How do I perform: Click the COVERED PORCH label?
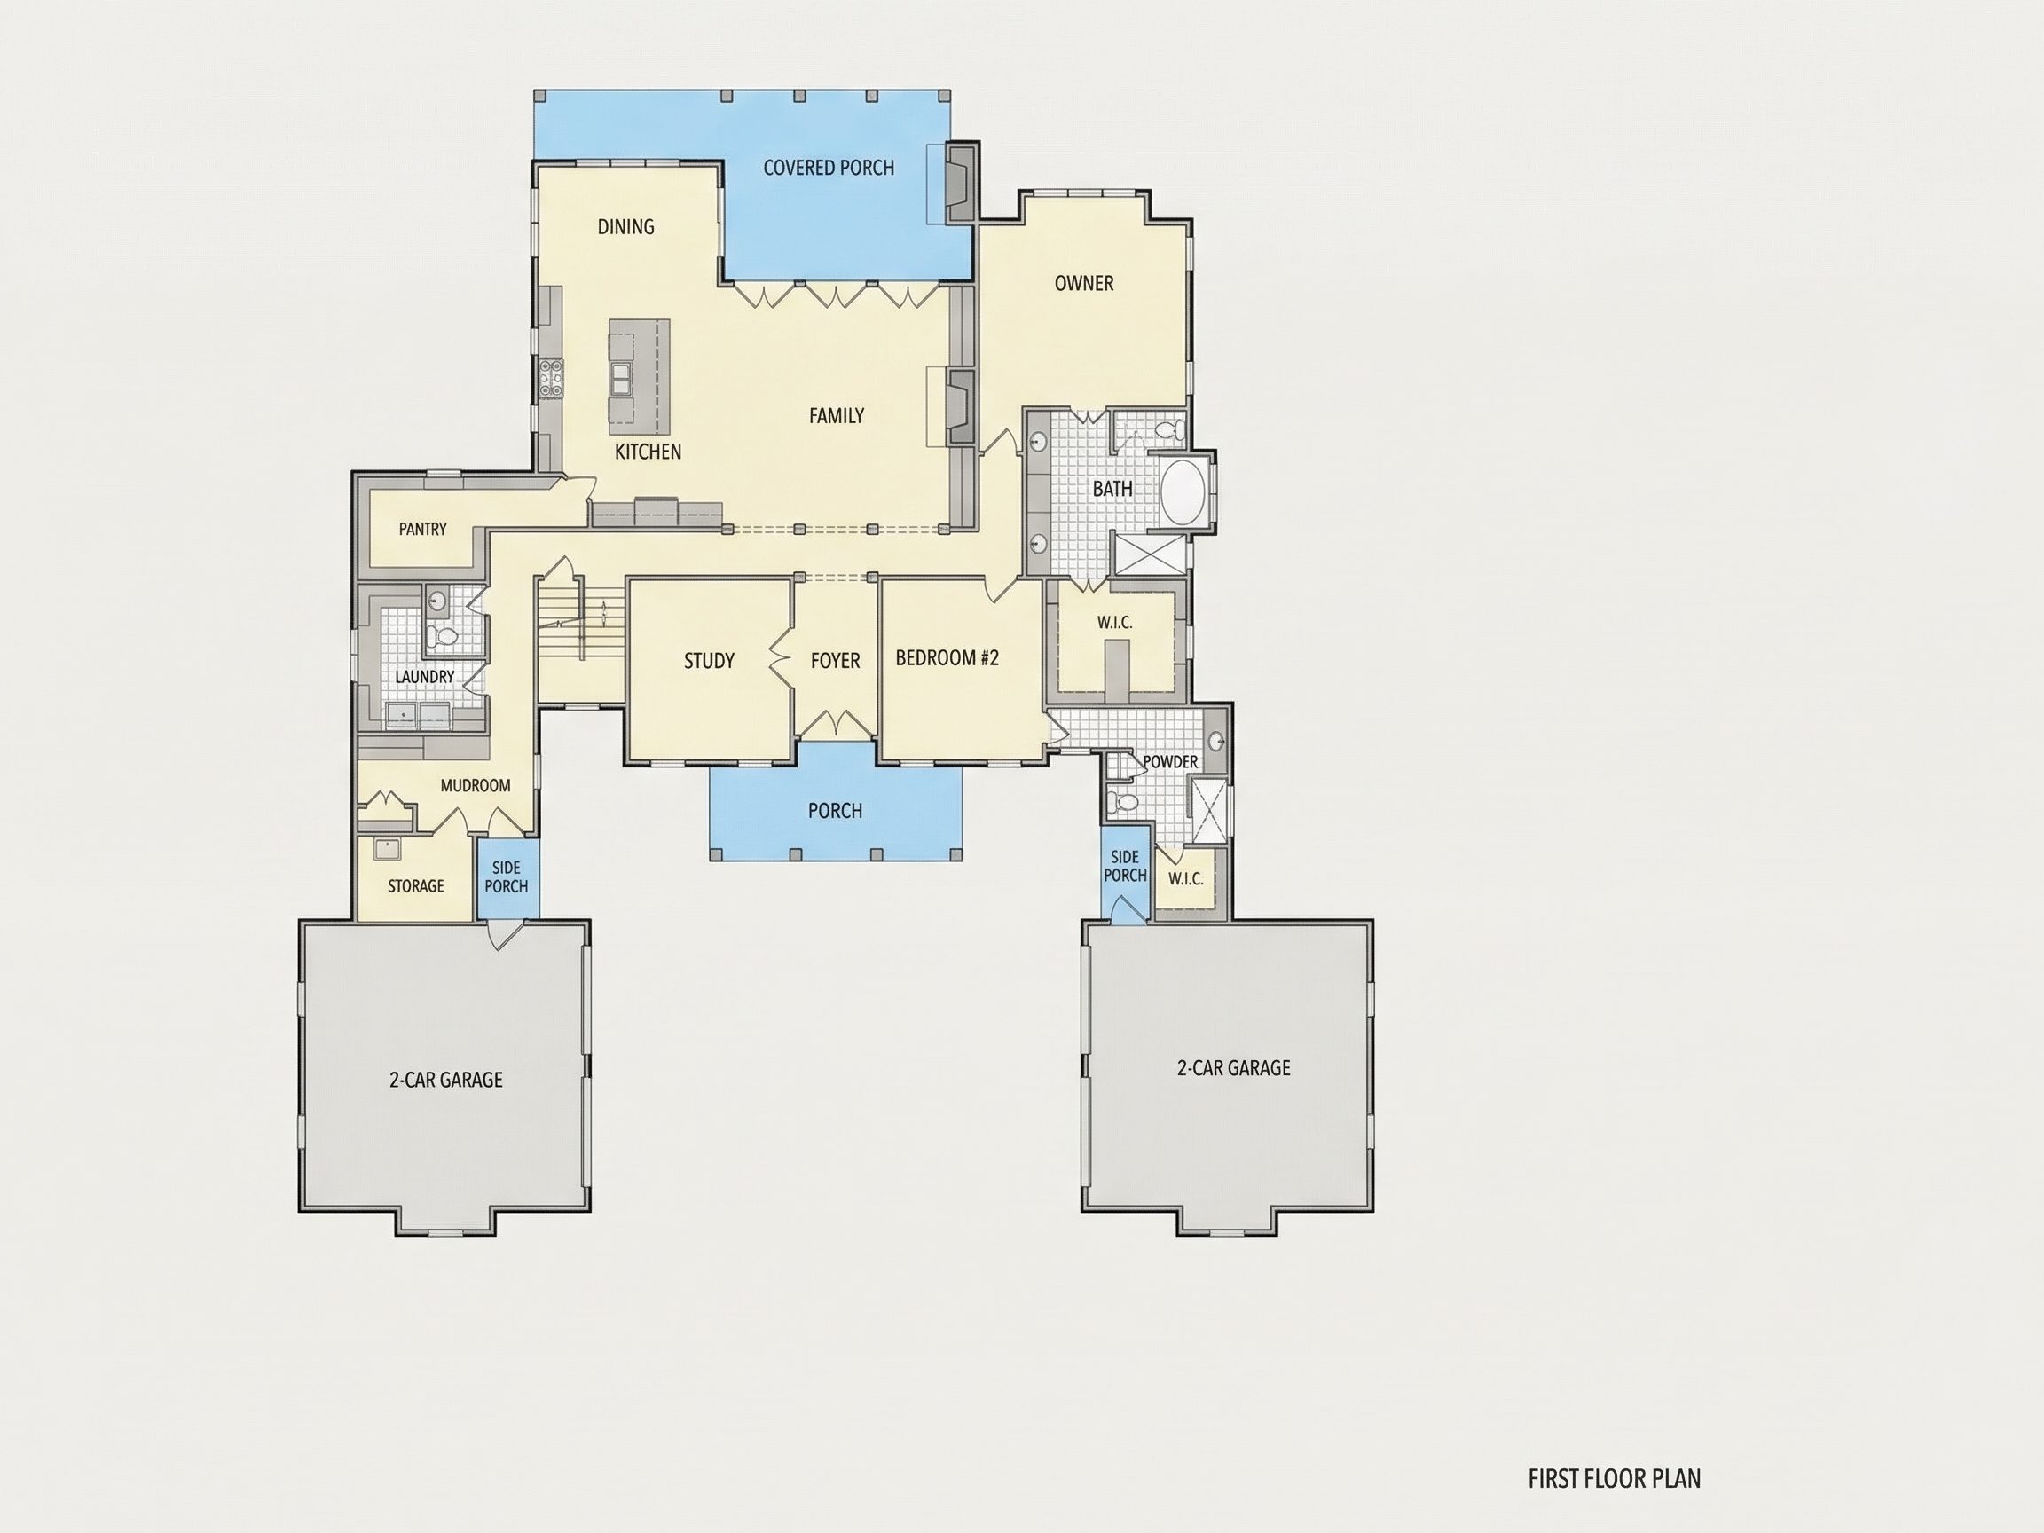pos(828,168)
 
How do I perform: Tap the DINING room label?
pos(625,226)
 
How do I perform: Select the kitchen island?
pos(639,377)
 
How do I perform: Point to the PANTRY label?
pos(422,529)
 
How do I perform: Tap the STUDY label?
pos(709,661)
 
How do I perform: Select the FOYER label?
pos(836,661)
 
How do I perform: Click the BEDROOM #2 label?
pos(947,658)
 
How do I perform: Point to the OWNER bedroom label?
pos(1084,283)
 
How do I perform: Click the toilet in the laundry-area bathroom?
pos(444,637)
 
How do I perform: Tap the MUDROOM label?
pos(475,785)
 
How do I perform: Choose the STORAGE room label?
pos(416,886)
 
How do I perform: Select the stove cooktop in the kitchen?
pos(552,378)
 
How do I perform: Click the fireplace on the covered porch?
pos(960,184)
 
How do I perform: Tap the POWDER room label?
pos(1171,761)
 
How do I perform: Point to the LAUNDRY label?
pos(424,676)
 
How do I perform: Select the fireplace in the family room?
pos(961,406)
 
